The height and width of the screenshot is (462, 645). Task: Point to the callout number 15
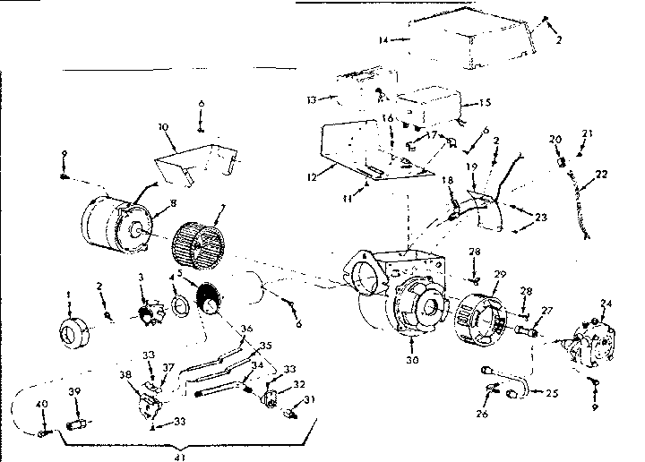point(485,102)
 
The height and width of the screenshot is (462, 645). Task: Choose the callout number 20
point(555,139)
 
